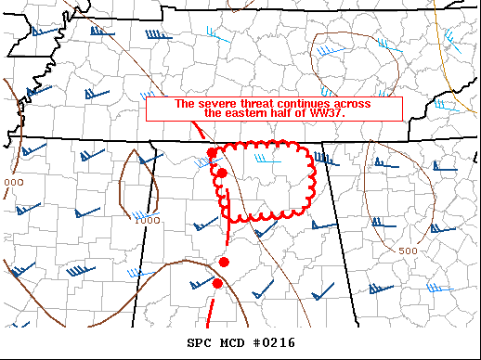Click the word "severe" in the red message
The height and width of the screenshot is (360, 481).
pyautogui.click(x=214, y=103)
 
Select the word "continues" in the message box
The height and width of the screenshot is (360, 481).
pyautogui.click(x=303, y=103)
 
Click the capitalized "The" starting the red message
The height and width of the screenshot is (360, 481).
pyautogui.click(x=184, y=103)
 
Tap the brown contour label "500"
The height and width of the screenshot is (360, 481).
pyautogui.click(x=407, y=251)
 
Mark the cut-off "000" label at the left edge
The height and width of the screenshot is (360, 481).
pyautogui.click(x=13, y=182)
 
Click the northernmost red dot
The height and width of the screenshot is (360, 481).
pyautogui.click(x=212, y=152)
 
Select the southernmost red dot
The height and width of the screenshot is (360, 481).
pyautogui.click(x=217, y=283)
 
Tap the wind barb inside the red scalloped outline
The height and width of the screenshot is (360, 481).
pyautogui.click(x=272, y=159)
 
